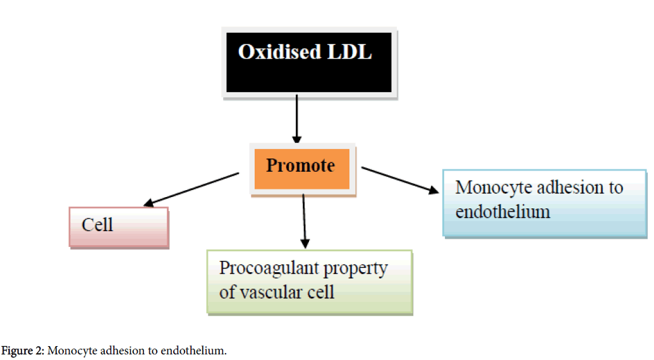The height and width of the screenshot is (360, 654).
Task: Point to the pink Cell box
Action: tap(119, 227)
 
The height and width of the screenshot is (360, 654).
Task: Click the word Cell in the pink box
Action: tap(97, 225)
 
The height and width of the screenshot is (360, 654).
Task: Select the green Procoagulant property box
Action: tap(310, 282)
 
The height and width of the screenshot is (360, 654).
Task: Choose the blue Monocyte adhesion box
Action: tap(545, 202)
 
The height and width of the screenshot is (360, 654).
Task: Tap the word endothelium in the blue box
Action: tap(502, 211)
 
